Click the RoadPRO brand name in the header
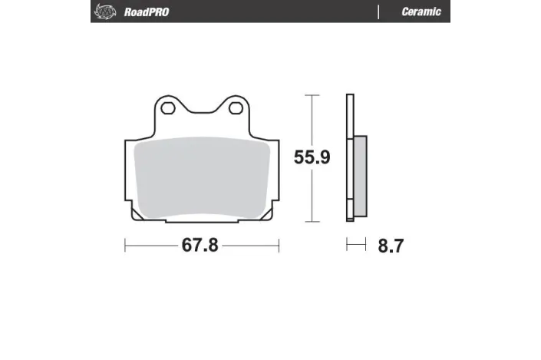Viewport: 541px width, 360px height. (x=147, y=12)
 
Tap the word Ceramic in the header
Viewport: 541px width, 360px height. (x=421, y=12)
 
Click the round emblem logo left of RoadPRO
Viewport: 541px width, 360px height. (x=103, y=12)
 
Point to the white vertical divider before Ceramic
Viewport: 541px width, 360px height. (x=378, y=12)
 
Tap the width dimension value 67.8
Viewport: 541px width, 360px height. (x=200, y=246)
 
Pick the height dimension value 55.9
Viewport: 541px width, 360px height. (x=312, y=157)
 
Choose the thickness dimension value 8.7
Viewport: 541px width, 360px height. (x=391, y=246)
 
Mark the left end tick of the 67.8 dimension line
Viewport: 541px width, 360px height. (x=125, y=246)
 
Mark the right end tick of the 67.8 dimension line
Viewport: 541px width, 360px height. (x=279, y=246)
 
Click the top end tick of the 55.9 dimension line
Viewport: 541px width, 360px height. (x=311, y=95)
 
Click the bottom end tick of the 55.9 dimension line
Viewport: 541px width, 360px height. (x=311, y=222)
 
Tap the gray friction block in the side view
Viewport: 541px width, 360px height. (x=360, y=177)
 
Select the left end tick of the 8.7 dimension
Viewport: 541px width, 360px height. (x=347, y=246)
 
